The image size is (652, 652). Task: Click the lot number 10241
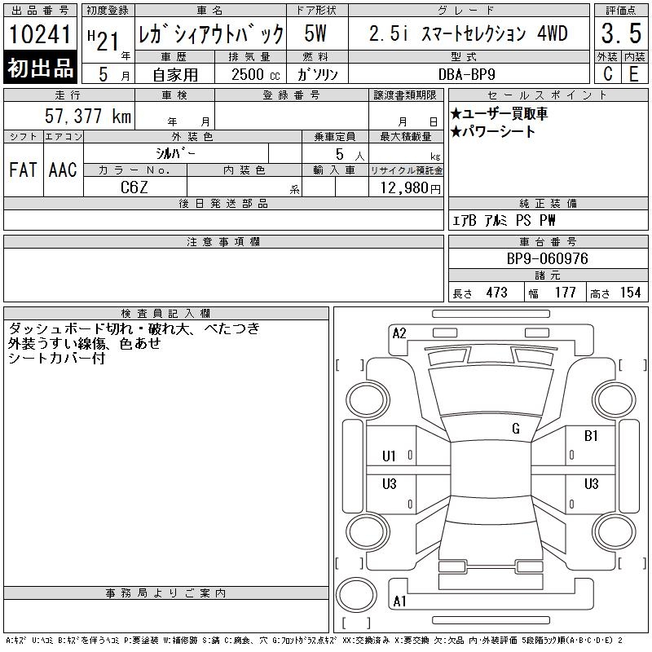click(40, 34)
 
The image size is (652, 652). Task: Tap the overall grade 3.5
click(621, 33)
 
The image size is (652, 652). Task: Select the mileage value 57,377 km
click(88, 116)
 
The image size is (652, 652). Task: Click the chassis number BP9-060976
click(547, 258)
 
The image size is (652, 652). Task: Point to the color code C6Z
click(134, 187)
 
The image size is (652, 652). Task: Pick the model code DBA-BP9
click(466, 74)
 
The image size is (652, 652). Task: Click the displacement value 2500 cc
click(255, 74)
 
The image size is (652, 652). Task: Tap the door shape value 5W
click(315, 33)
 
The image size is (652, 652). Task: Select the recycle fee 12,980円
click(410, 187)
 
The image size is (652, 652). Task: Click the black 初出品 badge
click(40, 68)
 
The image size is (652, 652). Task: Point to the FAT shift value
click(23, 170)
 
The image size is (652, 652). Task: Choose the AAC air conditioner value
click(63, 170)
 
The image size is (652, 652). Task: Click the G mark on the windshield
click(516, 429)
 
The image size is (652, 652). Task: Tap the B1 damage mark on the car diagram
click(591, 436)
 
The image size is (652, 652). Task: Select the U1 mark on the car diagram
click(389, 456)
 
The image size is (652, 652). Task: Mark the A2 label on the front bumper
click(399, 333)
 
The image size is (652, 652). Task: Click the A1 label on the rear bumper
click(399, 601)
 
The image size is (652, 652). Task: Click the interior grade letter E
click(634, 74)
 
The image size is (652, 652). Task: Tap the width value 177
click(565, 293)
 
